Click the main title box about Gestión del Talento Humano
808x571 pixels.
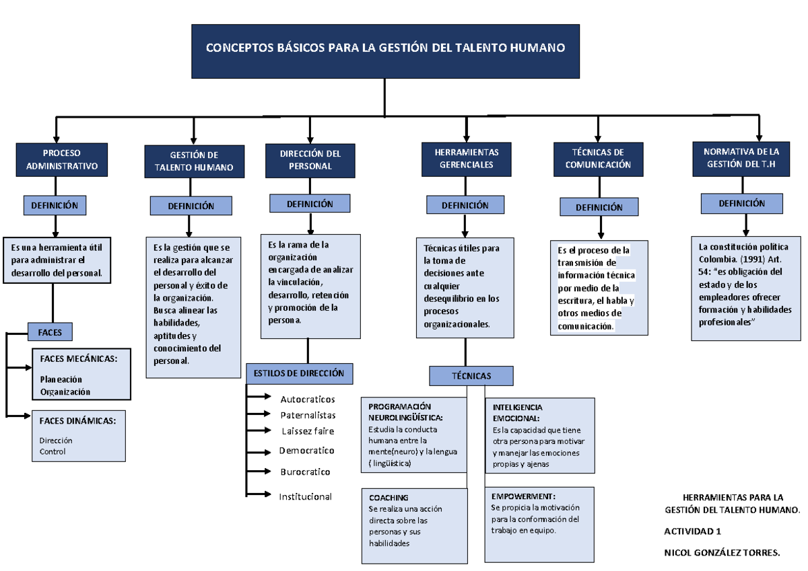click(x=385, y=50)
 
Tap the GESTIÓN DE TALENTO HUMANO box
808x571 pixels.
click(x=194, y=161)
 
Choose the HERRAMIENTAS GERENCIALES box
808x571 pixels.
click(x=466, y=159)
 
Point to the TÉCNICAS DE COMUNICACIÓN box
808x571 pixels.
click(x=598, y=159)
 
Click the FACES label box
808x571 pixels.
click(x=50, y=332)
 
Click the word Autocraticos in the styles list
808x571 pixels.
click(x=307, y=399)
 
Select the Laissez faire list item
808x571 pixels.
click(x=307, y=430)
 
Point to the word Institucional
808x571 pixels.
click(x=306, y=496)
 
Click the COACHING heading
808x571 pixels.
click(x=389, y=498)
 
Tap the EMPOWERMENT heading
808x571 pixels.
click(x=523, y=496)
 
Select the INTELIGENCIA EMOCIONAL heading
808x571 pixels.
click(x=518, y=412)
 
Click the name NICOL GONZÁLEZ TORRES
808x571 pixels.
click(x=722, y=552)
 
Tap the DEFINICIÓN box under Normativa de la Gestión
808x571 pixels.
click(x=741, y=203)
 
